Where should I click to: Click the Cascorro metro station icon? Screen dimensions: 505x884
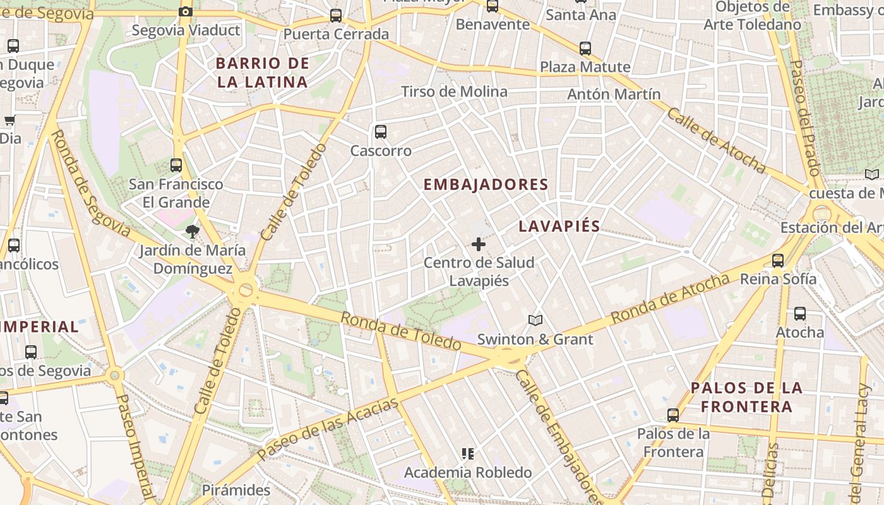tap(380, 132)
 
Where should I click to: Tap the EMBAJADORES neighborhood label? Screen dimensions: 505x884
tap(486, 184)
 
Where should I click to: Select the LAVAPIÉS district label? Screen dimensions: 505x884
tap(559, 226)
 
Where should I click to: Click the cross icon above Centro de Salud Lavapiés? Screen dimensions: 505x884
tap(479, 244)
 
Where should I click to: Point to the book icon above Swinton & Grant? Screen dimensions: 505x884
tap(535, 321)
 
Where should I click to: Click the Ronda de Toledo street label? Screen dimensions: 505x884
tap(401, 331)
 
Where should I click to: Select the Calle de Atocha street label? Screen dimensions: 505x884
tap(716, 140)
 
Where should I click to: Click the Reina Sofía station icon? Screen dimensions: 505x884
tap(778, 260)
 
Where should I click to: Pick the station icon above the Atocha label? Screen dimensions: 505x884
tap(800, 314)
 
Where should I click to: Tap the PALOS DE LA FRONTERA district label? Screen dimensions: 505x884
tap(746, 397)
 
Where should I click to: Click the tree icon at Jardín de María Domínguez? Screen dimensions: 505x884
tap(193, 232)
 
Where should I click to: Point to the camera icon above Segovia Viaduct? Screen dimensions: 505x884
tap(185, 12)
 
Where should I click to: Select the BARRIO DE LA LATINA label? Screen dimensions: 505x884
tap(262, 72)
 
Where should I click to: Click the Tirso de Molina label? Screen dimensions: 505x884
tap(454, 92)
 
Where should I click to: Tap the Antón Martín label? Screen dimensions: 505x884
tap(614, 94)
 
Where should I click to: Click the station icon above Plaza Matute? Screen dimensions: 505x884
tap(585, 48)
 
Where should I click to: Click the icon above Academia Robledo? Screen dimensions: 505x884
tap(468, 453)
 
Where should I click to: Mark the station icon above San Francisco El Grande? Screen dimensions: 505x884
tap(176, 165)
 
